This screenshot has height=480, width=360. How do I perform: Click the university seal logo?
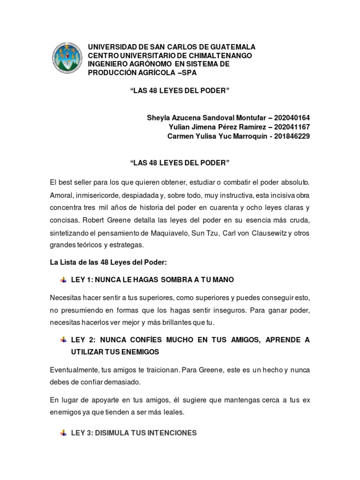click(x=66, y=60)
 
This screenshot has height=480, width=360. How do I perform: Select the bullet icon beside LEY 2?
click(x=63, y=340)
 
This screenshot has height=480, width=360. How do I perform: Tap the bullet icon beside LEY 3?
click(x=63, y=433)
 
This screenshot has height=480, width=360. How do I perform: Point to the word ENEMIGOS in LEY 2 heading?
click(x=139, y=352)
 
